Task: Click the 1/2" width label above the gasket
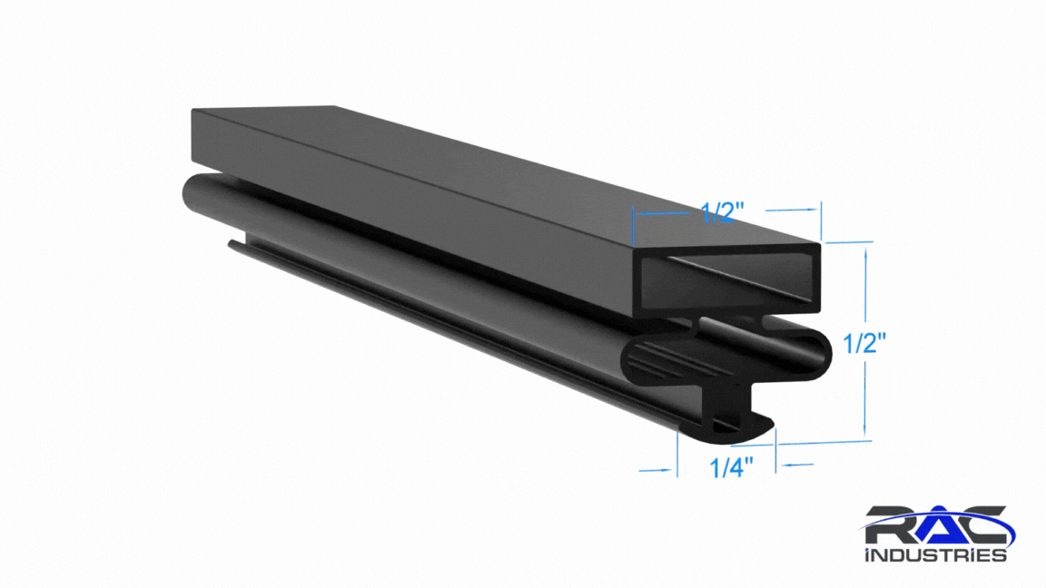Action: coord(723,212)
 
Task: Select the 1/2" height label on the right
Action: coord(864,344)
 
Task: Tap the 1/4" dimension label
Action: coord(732,467)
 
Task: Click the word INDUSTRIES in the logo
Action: coord(936,554)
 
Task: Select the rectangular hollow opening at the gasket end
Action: coord(728,280)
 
